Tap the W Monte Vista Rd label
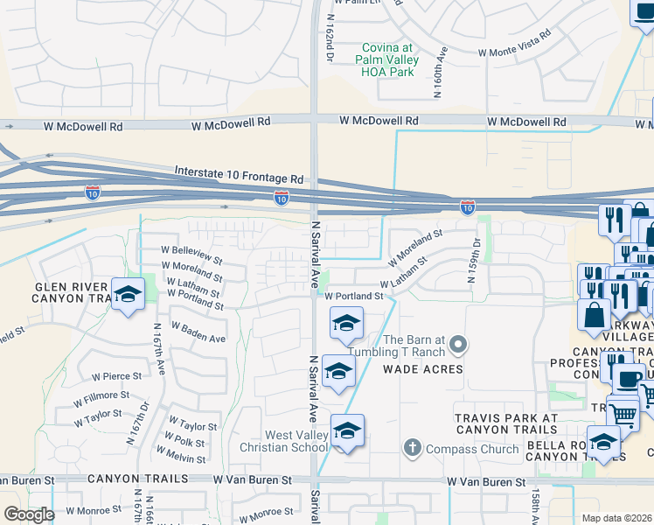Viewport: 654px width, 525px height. pyautogui.click(x=514, y=43)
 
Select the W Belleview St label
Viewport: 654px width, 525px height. pyautogui.click(x=191, y=255)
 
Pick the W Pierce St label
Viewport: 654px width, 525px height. pyautogui.click(x=116, y=376)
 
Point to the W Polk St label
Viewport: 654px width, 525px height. pyautogui.click(x=185, y=442)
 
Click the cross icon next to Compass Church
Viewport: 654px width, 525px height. pyautogui.click(x=413, y=449)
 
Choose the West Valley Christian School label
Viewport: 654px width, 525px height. pyautogui.click(x=284, y=442)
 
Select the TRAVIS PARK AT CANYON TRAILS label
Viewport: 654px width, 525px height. pyautogui.click(x=505, y=423)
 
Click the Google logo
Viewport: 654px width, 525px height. pyautogui.click(x=29, y=514)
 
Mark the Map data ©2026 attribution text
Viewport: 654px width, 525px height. pyautogui.click(x=616, y=518)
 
